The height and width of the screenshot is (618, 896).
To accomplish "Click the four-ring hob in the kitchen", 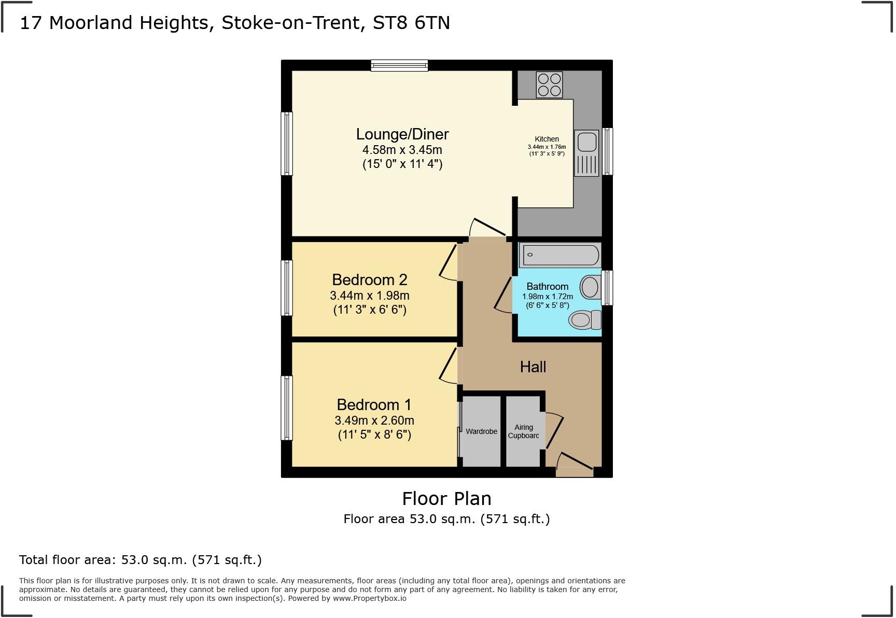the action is [549, 85].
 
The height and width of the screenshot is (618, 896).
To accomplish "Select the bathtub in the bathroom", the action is [561, 255].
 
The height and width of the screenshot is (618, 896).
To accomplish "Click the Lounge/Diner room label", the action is [402, 134].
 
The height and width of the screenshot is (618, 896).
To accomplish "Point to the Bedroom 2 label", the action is [370, 280].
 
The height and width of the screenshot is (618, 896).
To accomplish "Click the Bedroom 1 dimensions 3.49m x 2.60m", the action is [374, 420].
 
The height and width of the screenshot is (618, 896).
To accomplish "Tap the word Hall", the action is [533, 367].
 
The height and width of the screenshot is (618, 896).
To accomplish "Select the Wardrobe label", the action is [481, 431].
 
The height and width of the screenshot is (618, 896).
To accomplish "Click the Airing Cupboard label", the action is [524, 431].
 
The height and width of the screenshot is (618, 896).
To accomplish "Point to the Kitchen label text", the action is [547, 139].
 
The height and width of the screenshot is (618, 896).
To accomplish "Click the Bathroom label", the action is [548, 287].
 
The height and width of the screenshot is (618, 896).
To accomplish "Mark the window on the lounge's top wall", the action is [399, 65].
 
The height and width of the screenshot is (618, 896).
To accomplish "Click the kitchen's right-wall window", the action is [607, 151].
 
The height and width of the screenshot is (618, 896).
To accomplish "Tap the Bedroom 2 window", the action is [287, 288].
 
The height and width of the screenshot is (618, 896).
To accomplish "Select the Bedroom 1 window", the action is [287, 408].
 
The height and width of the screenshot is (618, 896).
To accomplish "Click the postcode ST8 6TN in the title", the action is [412, 23].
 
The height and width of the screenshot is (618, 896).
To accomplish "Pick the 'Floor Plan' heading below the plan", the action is [447, 499].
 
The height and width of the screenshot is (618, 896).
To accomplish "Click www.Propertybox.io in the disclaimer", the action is [369, 598].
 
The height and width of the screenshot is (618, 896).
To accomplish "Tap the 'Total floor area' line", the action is [141, 560].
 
